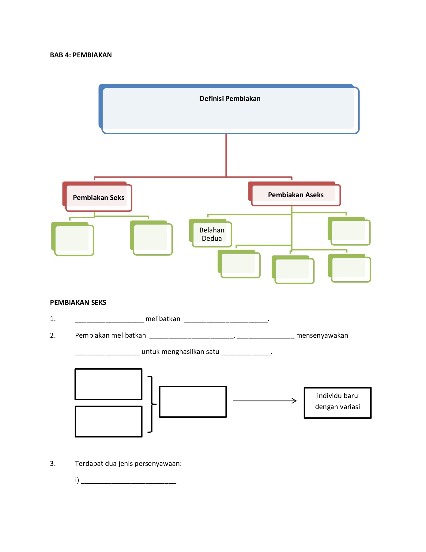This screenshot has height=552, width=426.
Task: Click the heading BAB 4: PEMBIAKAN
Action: (81, 55)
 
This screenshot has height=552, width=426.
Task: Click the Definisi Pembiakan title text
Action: (230, 99)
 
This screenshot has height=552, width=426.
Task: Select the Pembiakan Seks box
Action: (98, 197)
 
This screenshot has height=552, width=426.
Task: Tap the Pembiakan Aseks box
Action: (296, 195)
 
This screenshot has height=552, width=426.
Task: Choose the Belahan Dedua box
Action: (212, 234)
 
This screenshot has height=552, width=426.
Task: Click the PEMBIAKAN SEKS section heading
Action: (78, 303)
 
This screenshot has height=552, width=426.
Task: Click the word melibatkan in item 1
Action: (163, 319)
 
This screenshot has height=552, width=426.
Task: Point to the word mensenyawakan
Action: (322, 335)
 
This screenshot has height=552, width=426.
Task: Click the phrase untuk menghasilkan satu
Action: (180, 352)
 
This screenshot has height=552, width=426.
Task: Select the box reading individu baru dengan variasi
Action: (337, 403)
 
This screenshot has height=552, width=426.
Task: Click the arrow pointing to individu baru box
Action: (265, 401)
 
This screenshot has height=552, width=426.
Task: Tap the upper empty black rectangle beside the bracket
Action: (108, 384)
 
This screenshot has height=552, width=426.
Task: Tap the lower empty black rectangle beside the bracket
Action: (108, 422)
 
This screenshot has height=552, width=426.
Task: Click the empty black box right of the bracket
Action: (193, 402)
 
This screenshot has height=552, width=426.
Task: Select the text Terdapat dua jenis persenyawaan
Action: (128, 464)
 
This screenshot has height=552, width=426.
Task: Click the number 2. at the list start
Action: (53, 335)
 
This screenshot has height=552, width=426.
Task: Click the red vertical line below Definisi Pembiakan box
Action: (226, 155)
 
